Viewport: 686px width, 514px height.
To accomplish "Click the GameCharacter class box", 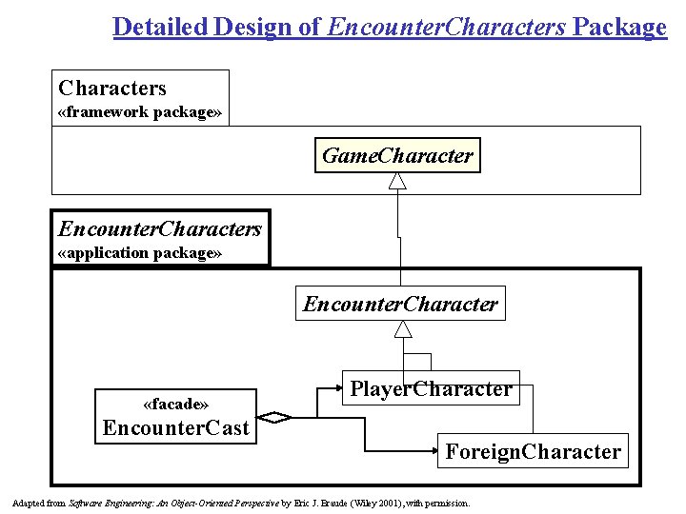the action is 397,156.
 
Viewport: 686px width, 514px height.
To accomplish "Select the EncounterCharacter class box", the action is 400,305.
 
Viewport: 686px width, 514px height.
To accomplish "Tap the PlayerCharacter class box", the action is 431,388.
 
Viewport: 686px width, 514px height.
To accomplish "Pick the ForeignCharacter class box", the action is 533,451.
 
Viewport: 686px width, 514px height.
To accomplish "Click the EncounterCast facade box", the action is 176,416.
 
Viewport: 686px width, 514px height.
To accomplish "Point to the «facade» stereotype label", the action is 176,403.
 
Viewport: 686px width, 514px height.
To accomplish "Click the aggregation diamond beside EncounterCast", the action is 277,417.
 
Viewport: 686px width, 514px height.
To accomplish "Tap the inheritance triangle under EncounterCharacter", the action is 404,329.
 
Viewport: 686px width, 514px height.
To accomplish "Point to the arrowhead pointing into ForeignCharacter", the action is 430,451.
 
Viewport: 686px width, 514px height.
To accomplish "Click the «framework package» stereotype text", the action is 140,112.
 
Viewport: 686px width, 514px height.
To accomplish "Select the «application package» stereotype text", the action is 140,253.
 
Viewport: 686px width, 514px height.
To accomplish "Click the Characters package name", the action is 112,89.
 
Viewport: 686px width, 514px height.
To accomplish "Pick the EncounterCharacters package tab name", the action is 160,228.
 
